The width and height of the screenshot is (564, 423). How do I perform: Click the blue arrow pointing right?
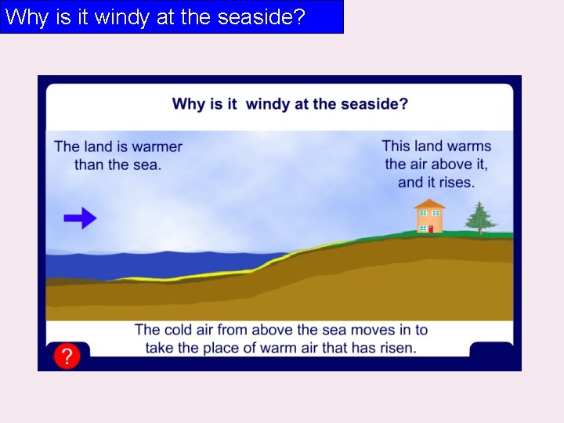point(80,219)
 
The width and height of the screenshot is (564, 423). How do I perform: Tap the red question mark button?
point(67,357)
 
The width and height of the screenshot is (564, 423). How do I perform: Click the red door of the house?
point(429,229)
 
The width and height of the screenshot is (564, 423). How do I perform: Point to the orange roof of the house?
point(429,204)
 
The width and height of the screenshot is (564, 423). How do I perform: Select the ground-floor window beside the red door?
point(421,228)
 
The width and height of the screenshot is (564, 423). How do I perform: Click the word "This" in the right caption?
point(396,146)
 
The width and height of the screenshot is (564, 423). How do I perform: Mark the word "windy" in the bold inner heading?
point(267,103)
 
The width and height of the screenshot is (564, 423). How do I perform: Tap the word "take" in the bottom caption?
point(161,348)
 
